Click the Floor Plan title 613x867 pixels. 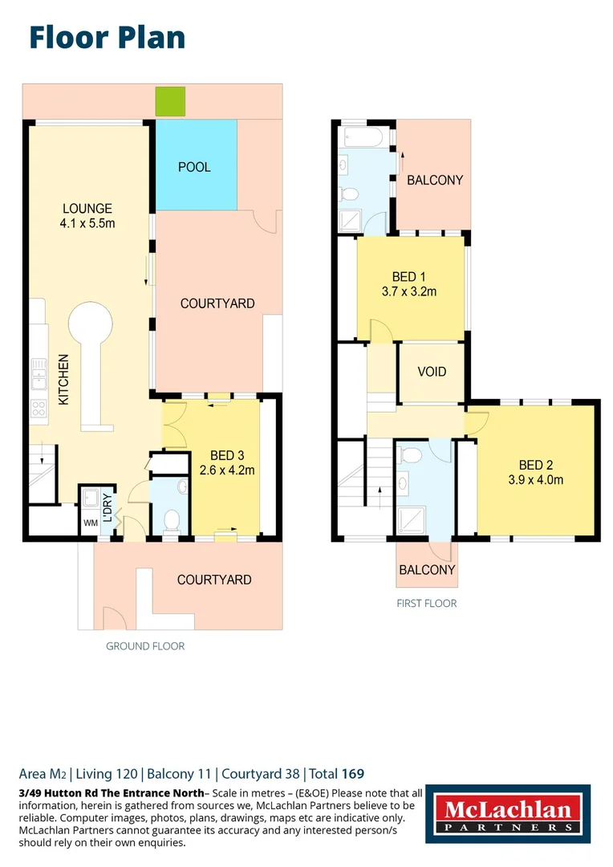pyautogui.click(x=107, y=38)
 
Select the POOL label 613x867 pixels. pyautogui.click(x=194, y=167)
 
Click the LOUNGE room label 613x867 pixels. pyautogui.click(x=87, y=209)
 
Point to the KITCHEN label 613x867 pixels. pyautogui.click(x=63, y=380)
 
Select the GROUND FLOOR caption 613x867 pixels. pyautogui.click(x=145, y=645)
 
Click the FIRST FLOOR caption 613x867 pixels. pyautogui.click(x=426, y=603)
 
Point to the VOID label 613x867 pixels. pyautogui.click(x=432, y=372)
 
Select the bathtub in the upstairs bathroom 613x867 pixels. pyautogui.click(x=365, y=136)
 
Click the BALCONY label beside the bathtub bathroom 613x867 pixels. pyautogui.click(x=435, y=181)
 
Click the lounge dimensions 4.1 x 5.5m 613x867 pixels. pyautogui.click(x=87, y=223)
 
